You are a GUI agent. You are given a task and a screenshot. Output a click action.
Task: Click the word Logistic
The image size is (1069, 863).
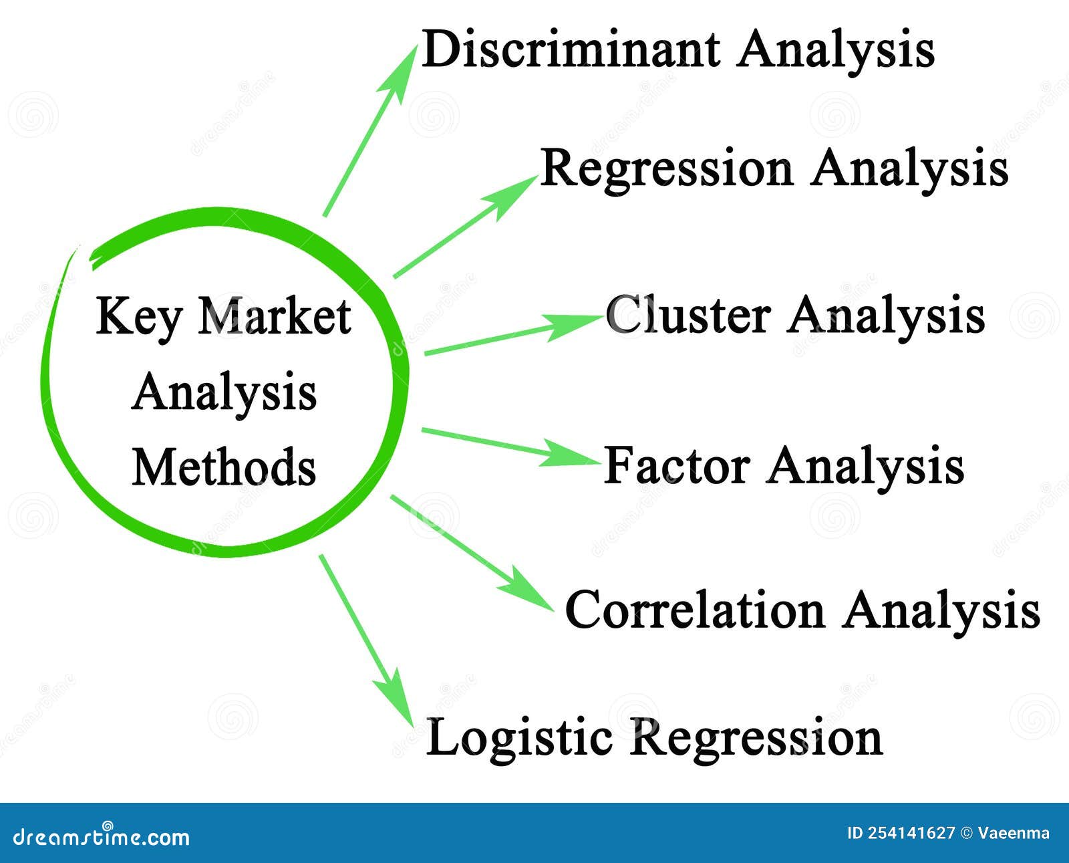(x=519, y=737)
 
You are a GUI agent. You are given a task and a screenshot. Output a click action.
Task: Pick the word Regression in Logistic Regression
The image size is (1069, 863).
(x=757, y=737)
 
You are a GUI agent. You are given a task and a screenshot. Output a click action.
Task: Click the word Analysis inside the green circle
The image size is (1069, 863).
(x=224, y=392)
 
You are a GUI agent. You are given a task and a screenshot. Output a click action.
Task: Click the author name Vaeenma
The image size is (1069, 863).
(x=1014, y=833)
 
